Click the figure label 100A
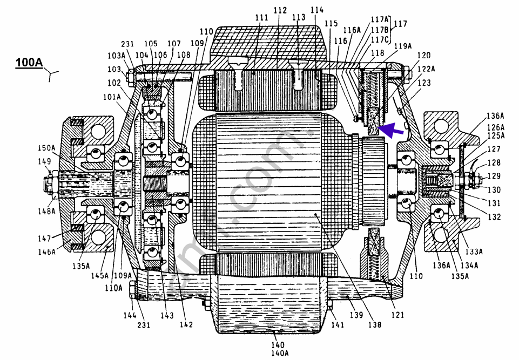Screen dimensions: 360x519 tap(29, 63)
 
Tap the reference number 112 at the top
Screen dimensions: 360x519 tap(280, 10)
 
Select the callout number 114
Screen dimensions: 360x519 tap(317, 10)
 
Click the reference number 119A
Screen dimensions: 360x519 tap(402, 46)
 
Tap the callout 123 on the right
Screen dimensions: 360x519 tap(424, 83)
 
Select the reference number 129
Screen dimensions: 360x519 tap(494, 176)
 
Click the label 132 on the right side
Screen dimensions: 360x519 tap(494, 218)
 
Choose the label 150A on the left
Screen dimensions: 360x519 tap(46, 147)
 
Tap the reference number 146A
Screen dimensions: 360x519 tap(47, 252)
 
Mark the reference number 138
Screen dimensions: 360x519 tap(374, 325)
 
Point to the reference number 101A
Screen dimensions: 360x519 tap(112, 98)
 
